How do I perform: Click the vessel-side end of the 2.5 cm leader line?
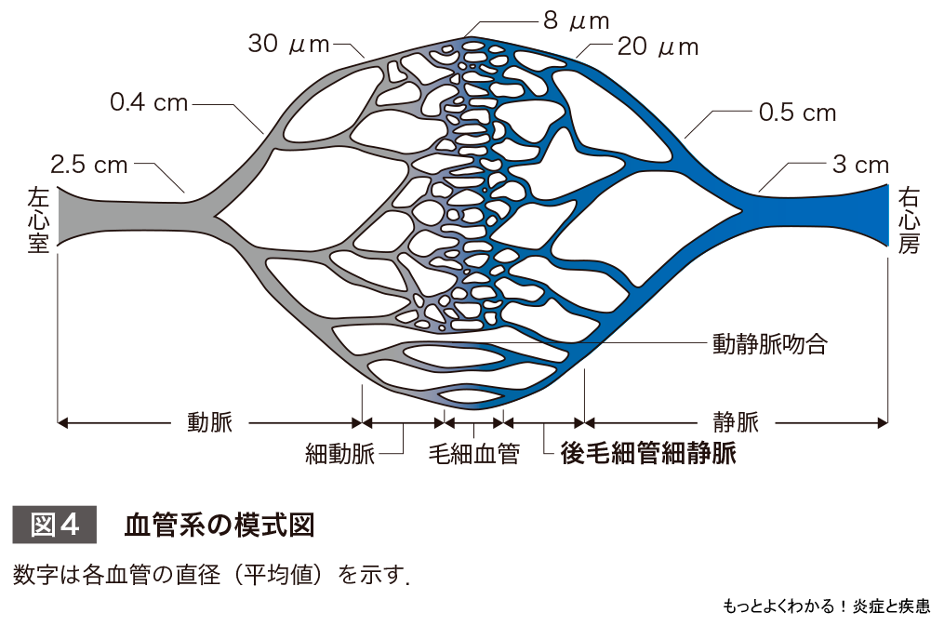pos(185,192)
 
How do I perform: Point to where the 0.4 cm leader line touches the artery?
pos(263,133)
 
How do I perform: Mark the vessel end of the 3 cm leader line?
pos(759,192)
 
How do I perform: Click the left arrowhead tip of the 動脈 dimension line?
pos(59,423)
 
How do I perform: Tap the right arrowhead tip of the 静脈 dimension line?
pos(887,423)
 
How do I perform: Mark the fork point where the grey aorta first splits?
pos(214,215)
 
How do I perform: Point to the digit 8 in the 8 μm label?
pos(551,20)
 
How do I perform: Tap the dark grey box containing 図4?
pos(55,525)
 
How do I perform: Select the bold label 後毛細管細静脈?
pos(648,454)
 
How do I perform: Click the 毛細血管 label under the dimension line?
pos(473,454)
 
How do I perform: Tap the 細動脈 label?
pos(339,454)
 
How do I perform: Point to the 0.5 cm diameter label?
pos(797,113)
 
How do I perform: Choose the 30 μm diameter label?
pos(288,44)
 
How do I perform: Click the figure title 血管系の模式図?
pos(219,525)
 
